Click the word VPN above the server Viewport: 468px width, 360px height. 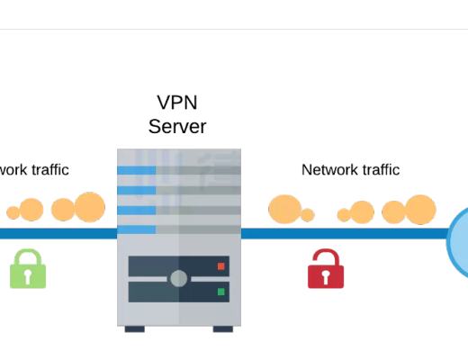click(x=178, y=103)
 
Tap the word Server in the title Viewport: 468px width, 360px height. click(x=178, y=126)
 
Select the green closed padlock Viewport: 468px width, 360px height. click(x=28, y=269)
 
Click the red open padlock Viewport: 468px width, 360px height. click(x=325, y=269)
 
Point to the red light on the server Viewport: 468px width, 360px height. click(x=220, y=266)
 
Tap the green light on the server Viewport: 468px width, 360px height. click(x=220, y=292)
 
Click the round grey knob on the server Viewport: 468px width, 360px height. click(x=178, y=278)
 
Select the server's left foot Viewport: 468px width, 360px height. click(x=135, y=328)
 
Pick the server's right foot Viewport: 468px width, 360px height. click(x=222, y=328)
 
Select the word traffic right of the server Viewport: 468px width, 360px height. click(x=381, y=169)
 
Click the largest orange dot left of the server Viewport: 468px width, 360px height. click(x=90, y=207)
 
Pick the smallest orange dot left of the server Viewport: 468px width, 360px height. click(x=13, y=213)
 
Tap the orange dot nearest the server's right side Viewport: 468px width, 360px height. click(x=284, y=209)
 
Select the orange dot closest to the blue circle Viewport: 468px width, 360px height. click(x=420, y=210)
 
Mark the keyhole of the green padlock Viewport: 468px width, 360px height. click(x=28, y=275)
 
